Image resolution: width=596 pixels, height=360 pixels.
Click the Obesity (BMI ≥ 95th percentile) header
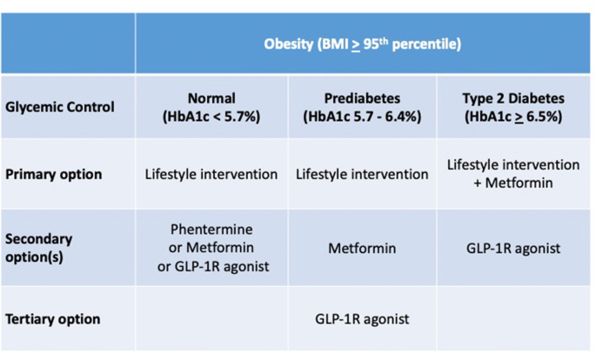pyautogui.click(x=363, y=44)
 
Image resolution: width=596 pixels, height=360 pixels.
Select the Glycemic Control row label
pyautogui.click(x=60, y=107)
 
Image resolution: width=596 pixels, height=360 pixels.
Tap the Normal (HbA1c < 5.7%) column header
pyautogui.click(x=211, y=108)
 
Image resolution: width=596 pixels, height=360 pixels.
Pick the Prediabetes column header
pyautogui.click(x=362, y=108)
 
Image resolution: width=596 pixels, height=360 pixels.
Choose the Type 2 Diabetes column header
pyautogui.click(x=513, y=108)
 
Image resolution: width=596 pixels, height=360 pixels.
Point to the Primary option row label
pyautogui.click(x=54, y=174)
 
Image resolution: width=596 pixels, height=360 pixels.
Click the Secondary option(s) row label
pyautogui.click(x=39, y=248)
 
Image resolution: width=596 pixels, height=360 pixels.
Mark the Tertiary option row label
pyautogui.click(x=53, y=319)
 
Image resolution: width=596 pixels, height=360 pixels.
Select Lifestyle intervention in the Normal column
pyautogui.click(x=211, y=174)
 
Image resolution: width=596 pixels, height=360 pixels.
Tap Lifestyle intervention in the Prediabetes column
pyautogui.click(x=362, y=174)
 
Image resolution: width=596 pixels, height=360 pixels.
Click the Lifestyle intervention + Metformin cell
pyautogui.click(x=513, y=174)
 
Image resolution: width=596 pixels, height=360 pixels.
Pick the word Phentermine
pyautogui.click(x=211, y=230)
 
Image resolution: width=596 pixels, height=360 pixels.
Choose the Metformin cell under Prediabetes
pyautogui.click(x=362, y=249)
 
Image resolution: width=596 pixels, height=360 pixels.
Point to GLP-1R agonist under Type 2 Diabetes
pyautogui.click(x=513, y=249)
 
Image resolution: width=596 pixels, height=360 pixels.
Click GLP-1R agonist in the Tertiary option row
pyautogui.click(x=362, y=319)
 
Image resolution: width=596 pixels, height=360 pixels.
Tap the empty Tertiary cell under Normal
pyautogui.click(x=211, y=318)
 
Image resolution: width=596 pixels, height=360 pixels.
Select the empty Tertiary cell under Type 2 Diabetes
pyautogui.click(x=513, y=318)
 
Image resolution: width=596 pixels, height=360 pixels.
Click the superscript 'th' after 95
pyautogui.click(x=384, y=40)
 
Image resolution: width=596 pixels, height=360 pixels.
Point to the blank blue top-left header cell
pyautogui.click(x=68, y=43)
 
